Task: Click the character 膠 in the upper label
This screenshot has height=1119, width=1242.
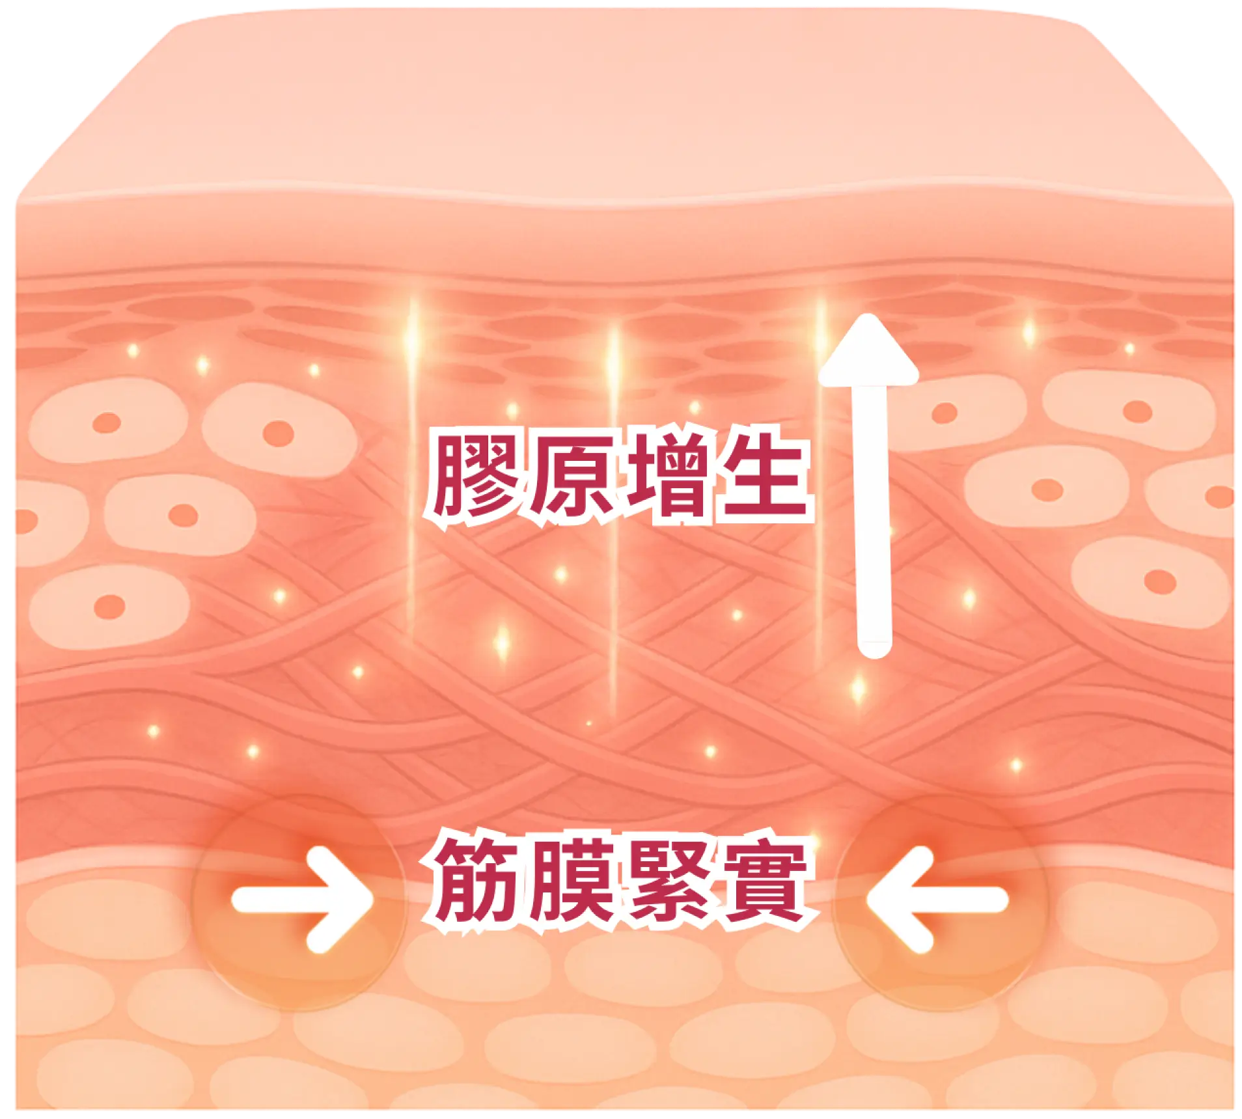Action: point(473,477)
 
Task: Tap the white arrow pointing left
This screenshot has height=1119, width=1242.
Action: point(937,900)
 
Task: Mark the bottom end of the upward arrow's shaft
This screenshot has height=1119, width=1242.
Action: point(874,651)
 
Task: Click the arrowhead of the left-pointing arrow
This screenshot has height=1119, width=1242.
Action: point(885,900)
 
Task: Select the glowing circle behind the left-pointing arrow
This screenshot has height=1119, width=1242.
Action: point(941,902)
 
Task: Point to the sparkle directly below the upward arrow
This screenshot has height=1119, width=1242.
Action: point(859,688)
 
